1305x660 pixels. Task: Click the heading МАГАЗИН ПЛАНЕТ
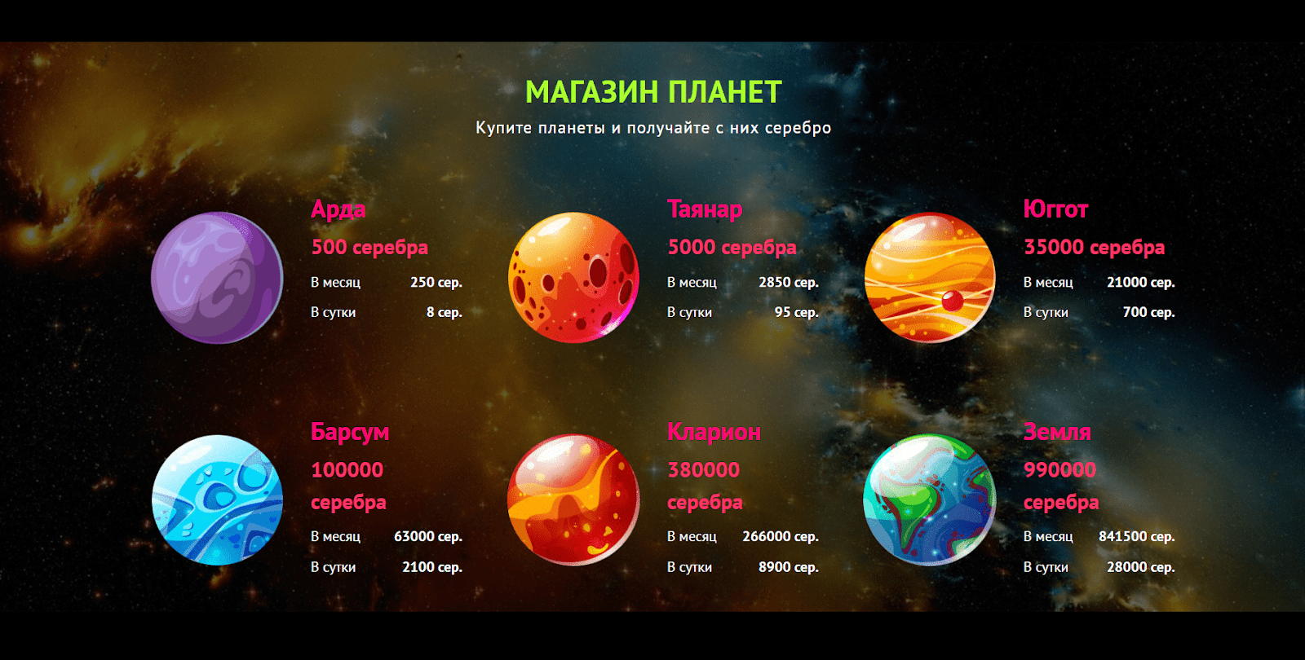coord(653,92)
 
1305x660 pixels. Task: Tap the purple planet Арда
coord(217,278)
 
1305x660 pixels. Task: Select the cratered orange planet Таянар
coord(573,278)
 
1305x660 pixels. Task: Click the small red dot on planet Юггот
coord(952,301)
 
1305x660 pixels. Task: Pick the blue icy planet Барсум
coord(217,500)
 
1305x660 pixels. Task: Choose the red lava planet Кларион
coord(573,500)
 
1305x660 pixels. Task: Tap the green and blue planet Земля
coord(930,500)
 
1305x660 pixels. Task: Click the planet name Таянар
coord(705,209)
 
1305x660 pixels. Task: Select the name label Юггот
coord(1055,209)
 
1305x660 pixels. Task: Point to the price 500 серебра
coord(369,248)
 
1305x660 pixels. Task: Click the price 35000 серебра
coord(1094,248)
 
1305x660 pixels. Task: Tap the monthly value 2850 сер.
coord(788,282)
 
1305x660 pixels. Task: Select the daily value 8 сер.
coord(444,313)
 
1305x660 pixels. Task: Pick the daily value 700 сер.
coord(1148,313)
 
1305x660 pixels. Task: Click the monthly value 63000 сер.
coord(428,537)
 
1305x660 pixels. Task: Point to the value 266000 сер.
coord(780,537)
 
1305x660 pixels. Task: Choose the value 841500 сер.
coord(1137,537)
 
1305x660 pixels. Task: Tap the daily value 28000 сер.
coord(1141,567)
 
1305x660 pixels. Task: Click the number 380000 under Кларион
coord(703,469)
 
